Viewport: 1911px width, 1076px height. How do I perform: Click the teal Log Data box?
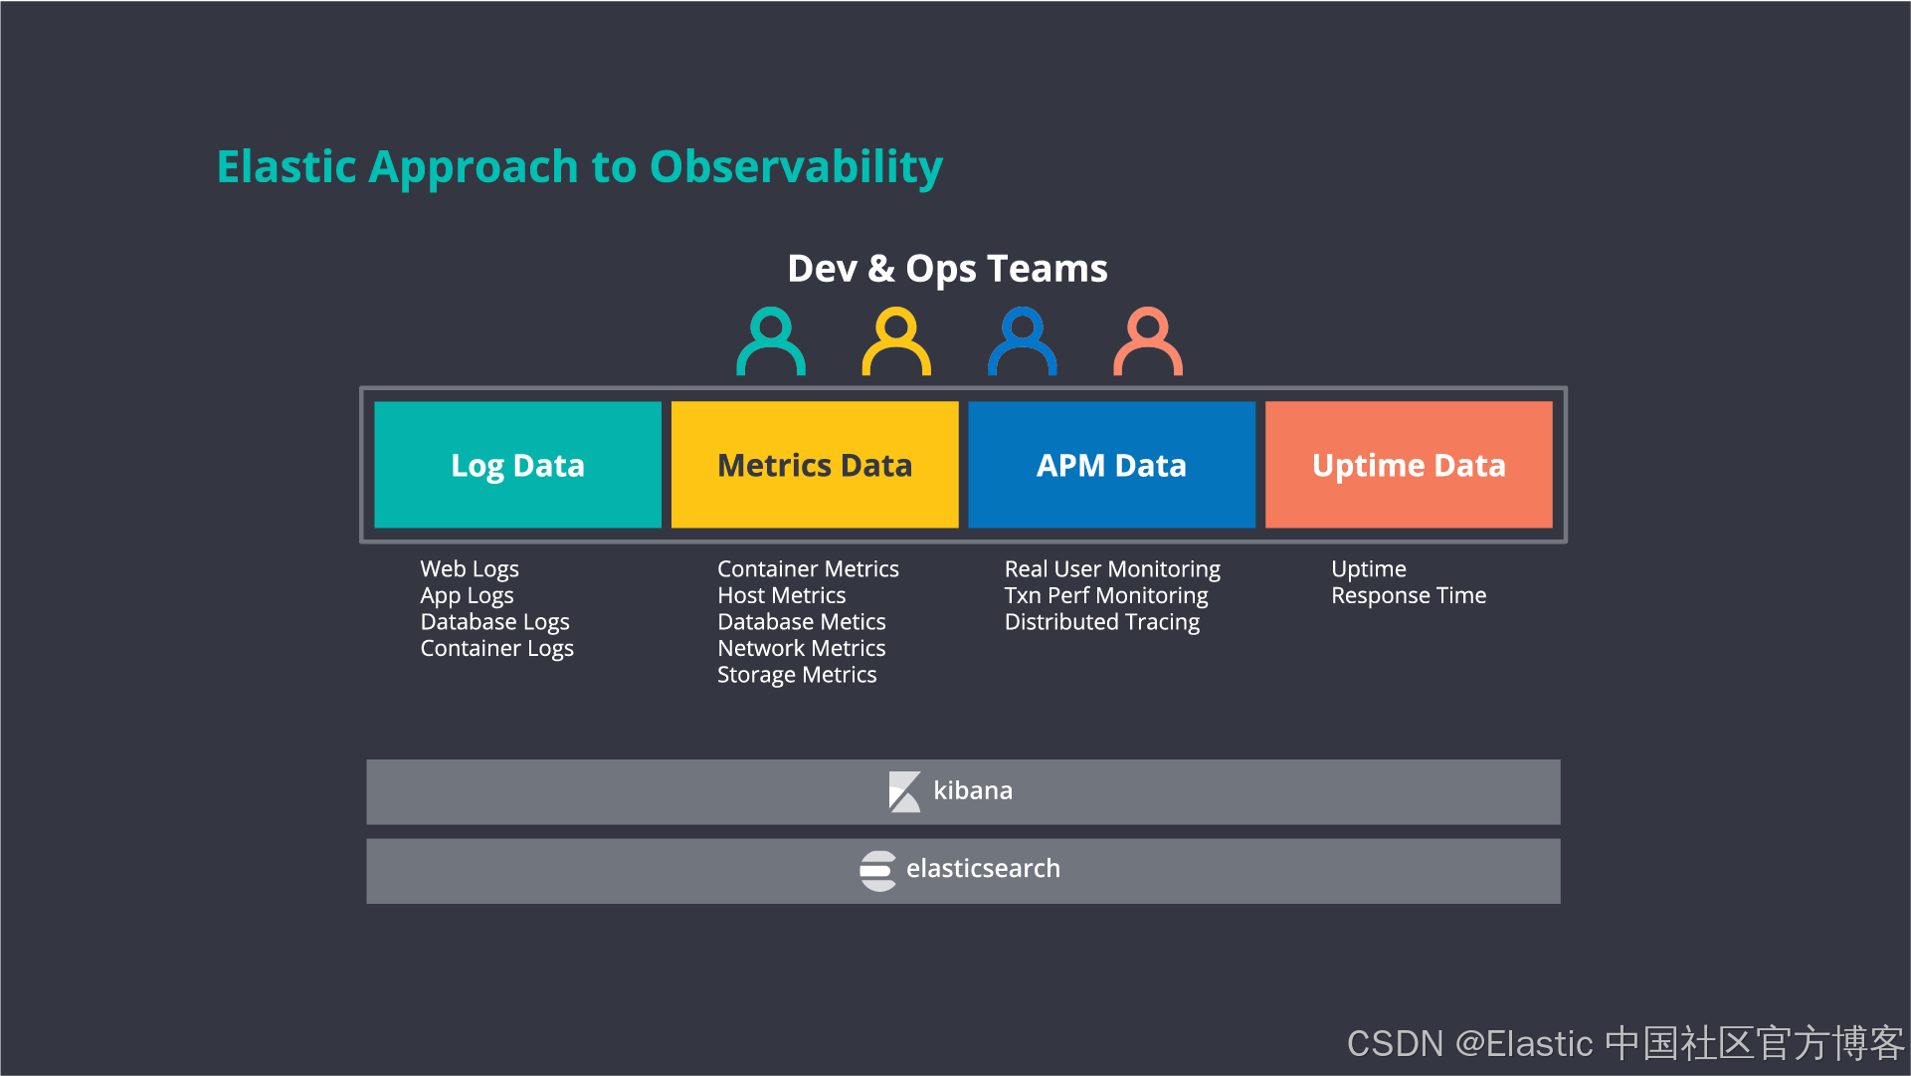point(517,465)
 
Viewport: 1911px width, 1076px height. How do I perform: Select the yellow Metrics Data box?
point(815,465)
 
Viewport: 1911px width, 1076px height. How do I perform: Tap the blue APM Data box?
point(1111,465)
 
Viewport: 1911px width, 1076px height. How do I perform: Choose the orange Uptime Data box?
point(1409,465)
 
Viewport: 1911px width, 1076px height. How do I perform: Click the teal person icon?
point(771,340)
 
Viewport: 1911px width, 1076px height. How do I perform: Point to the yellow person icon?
point(896,340)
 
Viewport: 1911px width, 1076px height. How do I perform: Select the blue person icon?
point(1022,340)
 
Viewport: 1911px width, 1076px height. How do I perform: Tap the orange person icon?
point(1148,340)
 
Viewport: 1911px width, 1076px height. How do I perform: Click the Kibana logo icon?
point(904,791)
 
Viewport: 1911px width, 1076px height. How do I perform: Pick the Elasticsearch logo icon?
point(878,871)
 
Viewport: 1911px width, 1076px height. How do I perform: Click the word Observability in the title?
point(796,167)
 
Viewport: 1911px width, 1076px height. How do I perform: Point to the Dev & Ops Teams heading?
point(947,269)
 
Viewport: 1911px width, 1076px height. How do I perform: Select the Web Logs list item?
point(470,569)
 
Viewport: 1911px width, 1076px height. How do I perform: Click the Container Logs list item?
point(496,649)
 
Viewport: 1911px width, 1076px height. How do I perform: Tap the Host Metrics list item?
point(782,595)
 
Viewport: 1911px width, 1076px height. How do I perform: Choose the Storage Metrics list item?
point(797,675)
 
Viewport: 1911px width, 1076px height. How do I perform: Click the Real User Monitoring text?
point(1112,569)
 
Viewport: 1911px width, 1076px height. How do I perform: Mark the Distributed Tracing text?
point(1102,622)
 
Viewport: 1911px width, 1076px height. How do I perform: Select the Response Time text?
point(1409,595)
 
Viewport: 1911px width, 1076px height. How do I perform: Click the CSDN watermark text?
point(1624,1043)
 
